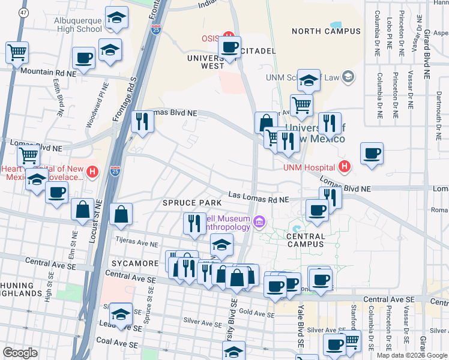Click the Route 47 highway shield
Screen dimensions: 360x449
[x=23, y=12]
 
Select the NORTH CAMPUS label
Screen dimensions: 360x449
[x=327, y=31]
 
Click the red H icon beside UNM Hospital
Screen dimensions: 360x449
[x=344, y=166]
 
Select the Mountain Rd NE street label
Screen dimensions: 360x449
[x=49, y=72]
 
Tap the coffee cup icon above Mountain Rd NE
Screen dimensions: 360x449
[x=83, y=58]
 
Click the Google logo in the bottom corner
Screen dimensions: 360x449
[x=20, y=352]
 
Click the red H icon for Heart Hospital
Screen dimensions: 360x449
[x=92, y=172]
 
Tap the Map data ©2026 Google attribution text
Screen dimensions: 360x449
[x=412, y=355]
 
